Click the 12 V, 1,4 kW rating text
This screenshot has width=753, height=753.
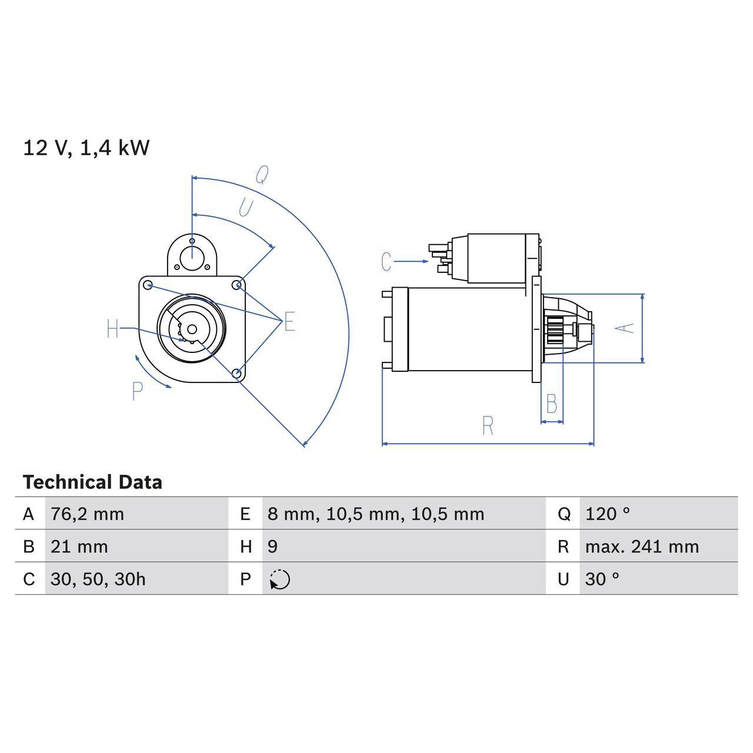(86, 148)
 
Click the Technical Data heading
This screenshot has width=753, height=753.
(92, 482)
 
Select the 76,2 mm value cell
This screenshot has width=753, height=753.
(87, 514)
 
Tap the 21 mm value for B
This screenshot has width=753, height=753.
(79, 547)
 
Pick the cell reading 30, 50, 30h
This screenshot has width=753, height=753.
(98, 579)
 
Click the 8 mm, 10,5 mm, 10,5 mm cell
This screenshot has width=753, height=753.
(375, 514)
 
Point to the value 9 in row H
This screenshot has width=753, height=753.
(272, 547)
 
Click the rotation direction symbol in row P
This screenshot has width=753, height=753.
(280, 579)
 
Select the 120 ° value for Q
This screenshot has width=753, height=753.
(607, 514)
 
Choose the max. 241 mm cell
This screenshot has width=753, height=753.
(642, 547)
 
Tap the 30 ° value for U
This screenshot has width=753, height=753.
(602, 579)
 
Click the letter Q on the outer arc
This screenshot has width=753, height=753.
(262, 175)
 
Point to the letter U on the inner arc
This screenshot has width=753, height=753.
(245, 208)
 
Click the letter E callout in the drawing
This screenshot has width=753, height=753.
(289, 322)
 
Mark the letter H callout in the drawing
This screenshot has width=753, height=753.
(113, 329)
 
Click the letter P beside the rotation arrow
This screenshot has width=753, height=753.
(137, 391)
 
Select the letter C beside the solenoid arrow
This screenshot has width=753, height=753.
(386, 262)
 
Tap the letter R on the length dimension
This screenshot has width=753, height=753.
(488, 426)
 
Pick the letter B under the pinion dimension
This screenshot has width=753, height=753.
(551, 404)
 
